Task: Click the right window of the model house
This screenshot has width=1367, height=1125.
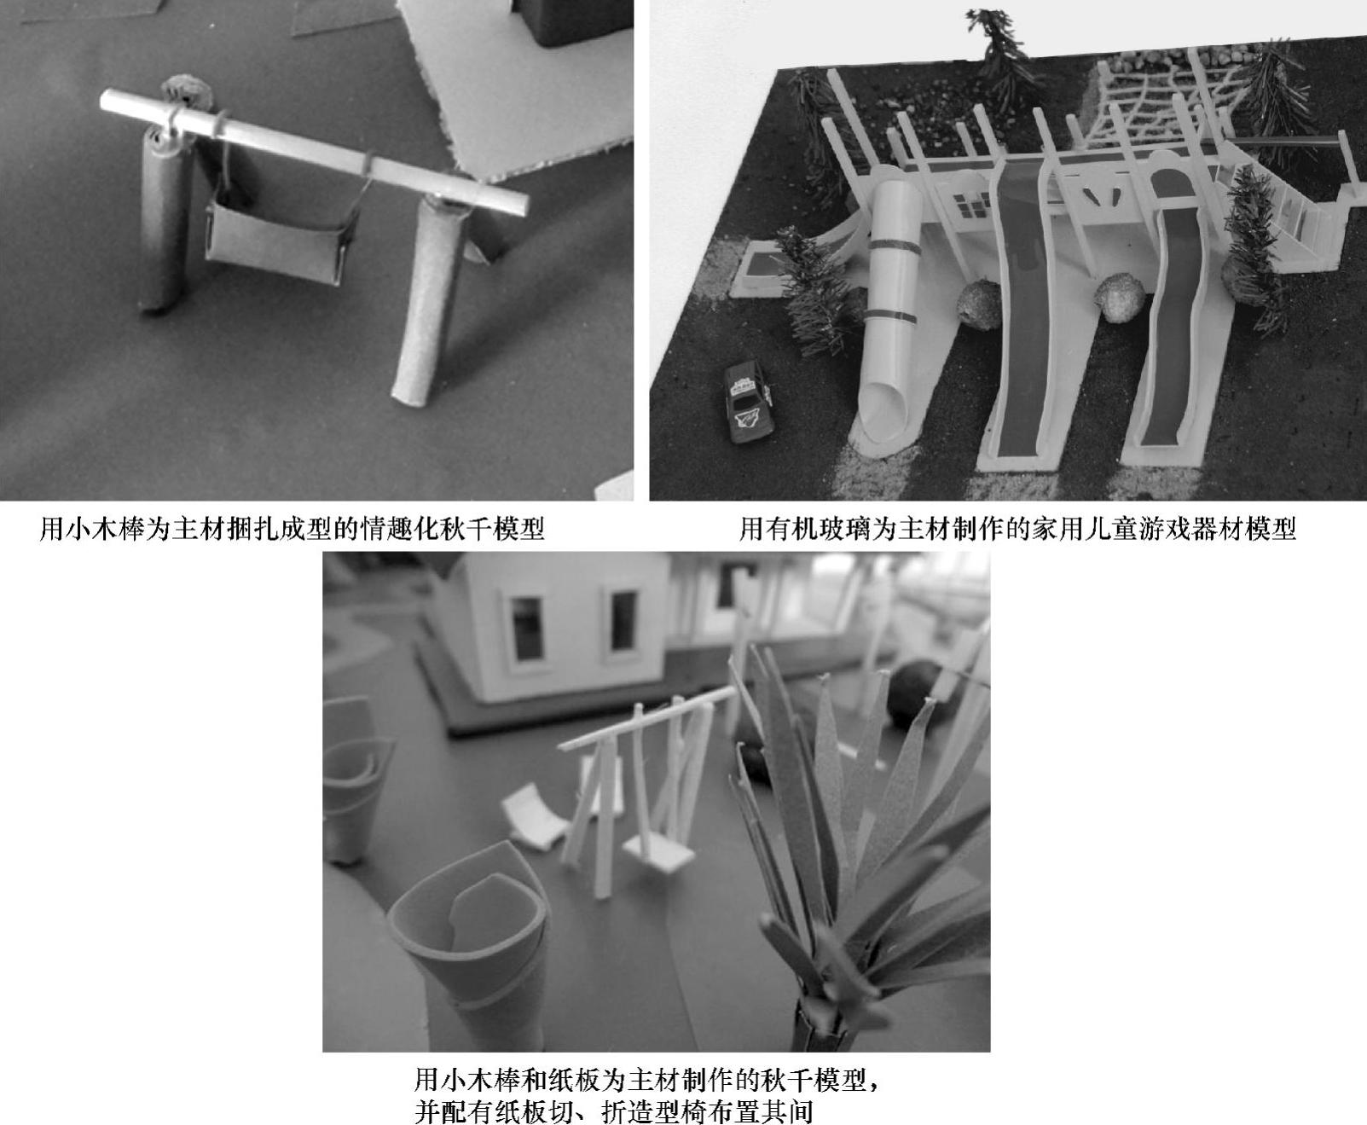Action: [x=623, y=618]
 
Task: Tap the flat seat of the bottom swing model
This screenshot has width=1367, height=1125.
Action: [x=658, y=854]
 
